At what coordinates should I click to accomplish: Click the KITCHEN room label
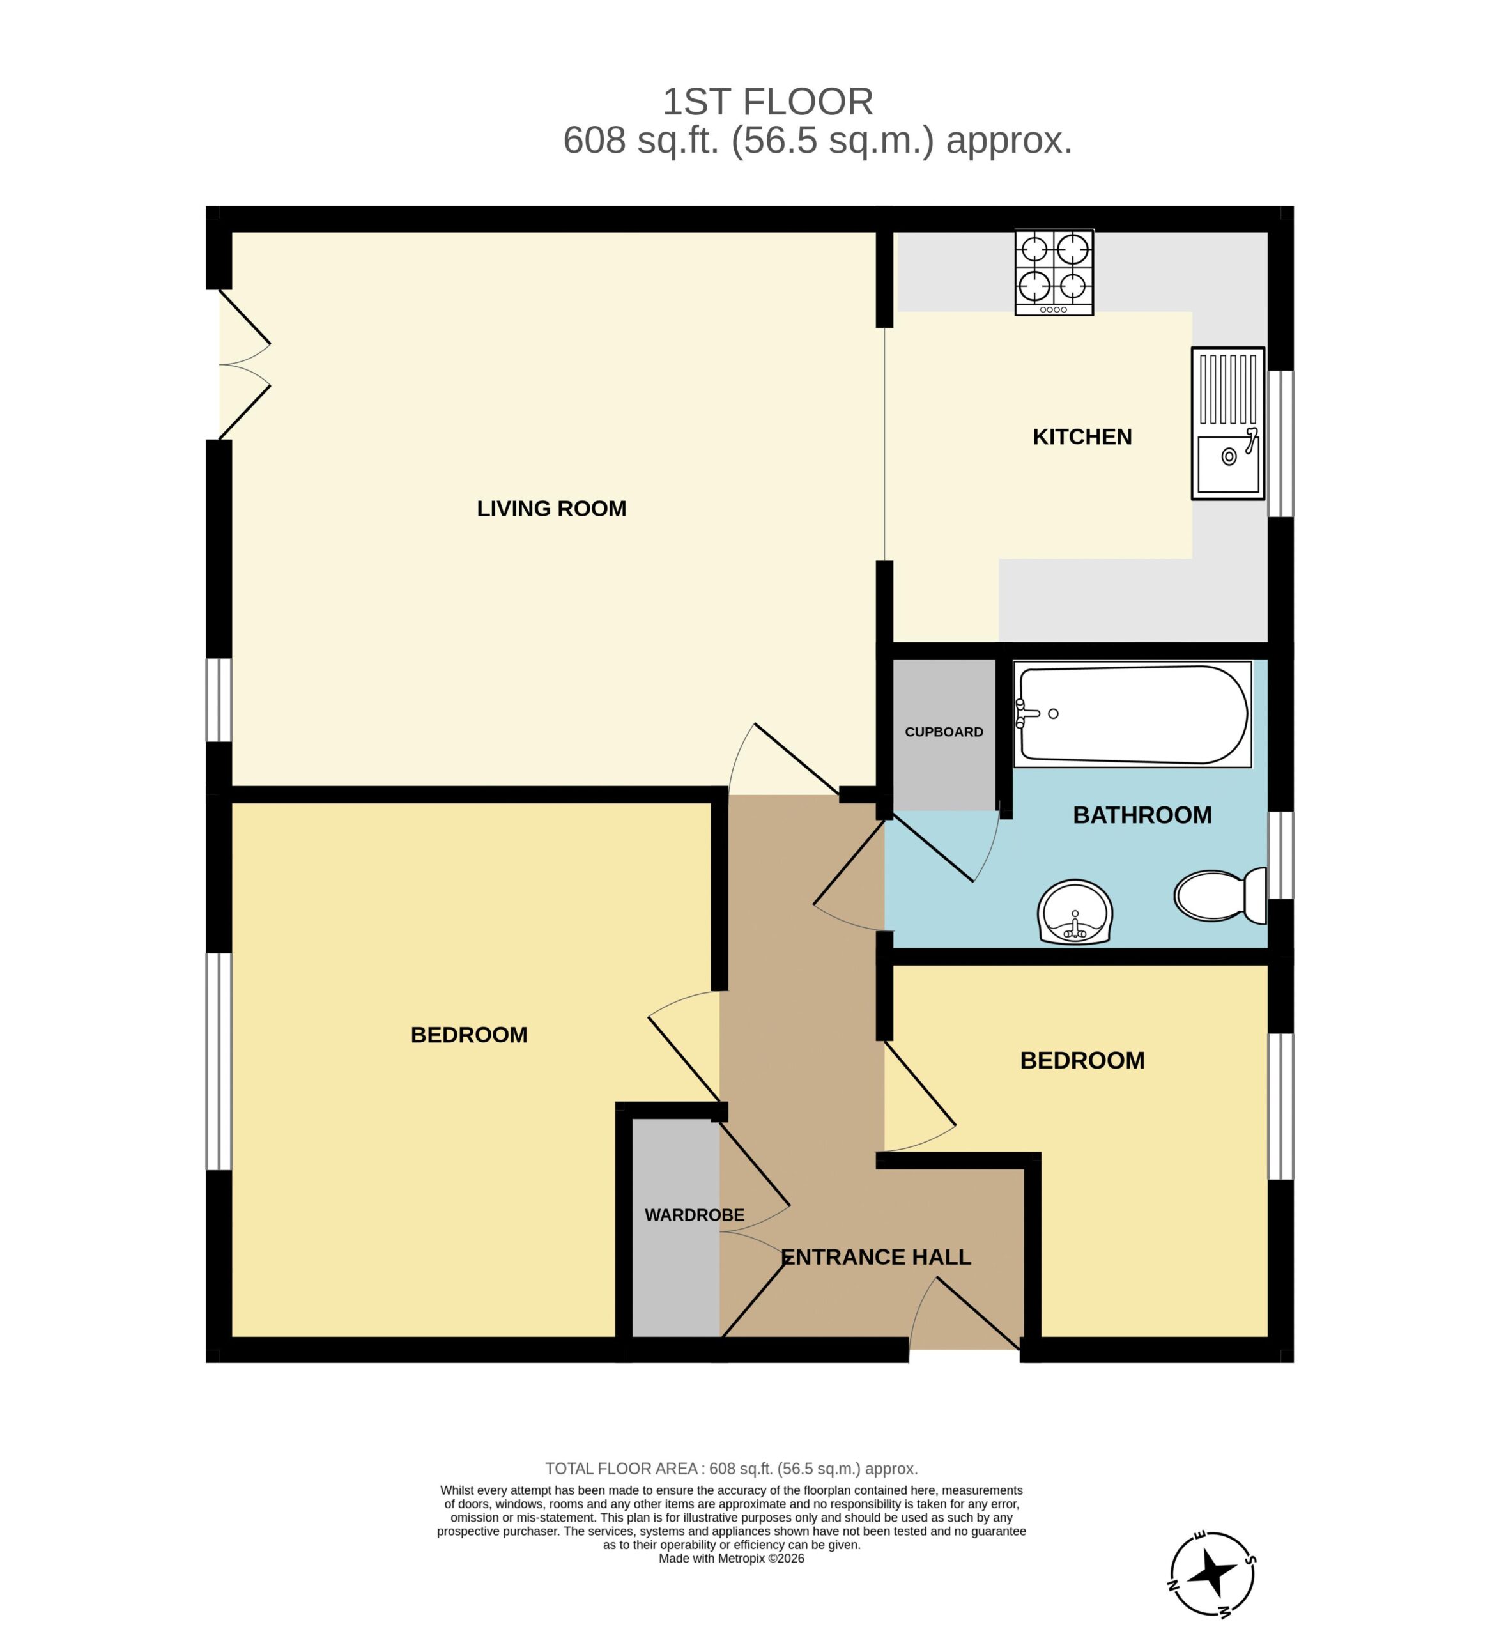pyautogui.click(x=1082, y=436)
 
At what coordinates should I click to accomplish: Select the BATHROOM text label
pyautogui.click(x=1142, y=815)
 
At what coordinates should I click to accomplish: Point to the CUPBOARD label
pyautogui.click(x=944, y=732)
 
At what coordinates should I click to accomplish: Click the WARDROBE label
pyautogui.click(x=694, y=1215)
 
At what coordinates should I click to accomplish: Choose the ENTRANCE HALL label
pyautogui.click(x=876, y=1257)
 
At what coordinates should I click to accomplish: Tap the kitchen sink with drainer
pyautogui.click(x=1228, y=423)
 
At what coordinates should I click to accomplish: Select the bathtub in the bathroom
pyautogui.click(x=1132, y=714)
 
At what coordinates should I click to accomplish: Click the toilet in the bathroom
pyautogui.click(x=1220, y=896)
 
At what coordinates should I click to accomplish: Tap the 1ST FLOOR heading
pyautogui.click(x=768, y=102)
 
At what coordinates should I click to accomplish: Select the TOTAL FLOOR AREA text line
pyautogui.click(x=731, y=1469)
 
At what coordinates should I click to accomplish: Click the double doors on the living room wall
pyautogui.click(x=243, y=364)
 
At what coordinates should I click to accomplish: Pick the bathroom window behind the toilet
pyautogui.click(x=1280, y=855)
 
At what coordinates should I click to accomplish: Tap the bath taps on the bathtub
pyautogui.click(x=1027, y=714)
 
